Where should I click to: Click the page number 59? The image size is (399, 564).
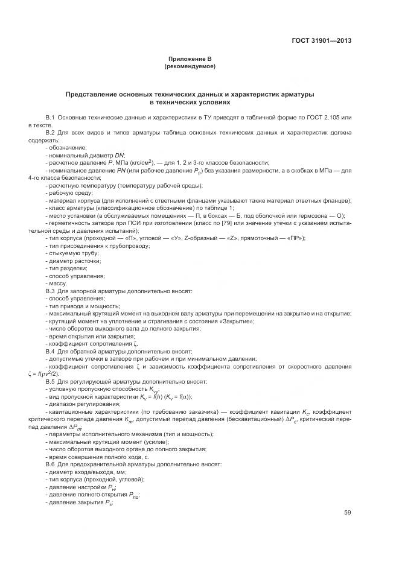[348, 513]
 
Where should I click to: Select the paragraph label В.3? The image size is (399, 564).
[51, 291]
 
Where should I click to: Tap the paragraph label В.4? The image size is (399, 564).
[51, 351]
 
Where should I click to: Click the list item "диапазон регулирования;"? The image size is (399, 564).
[81, 404]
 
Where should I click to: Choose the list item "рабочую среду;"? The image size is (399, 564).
[69, 194]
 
